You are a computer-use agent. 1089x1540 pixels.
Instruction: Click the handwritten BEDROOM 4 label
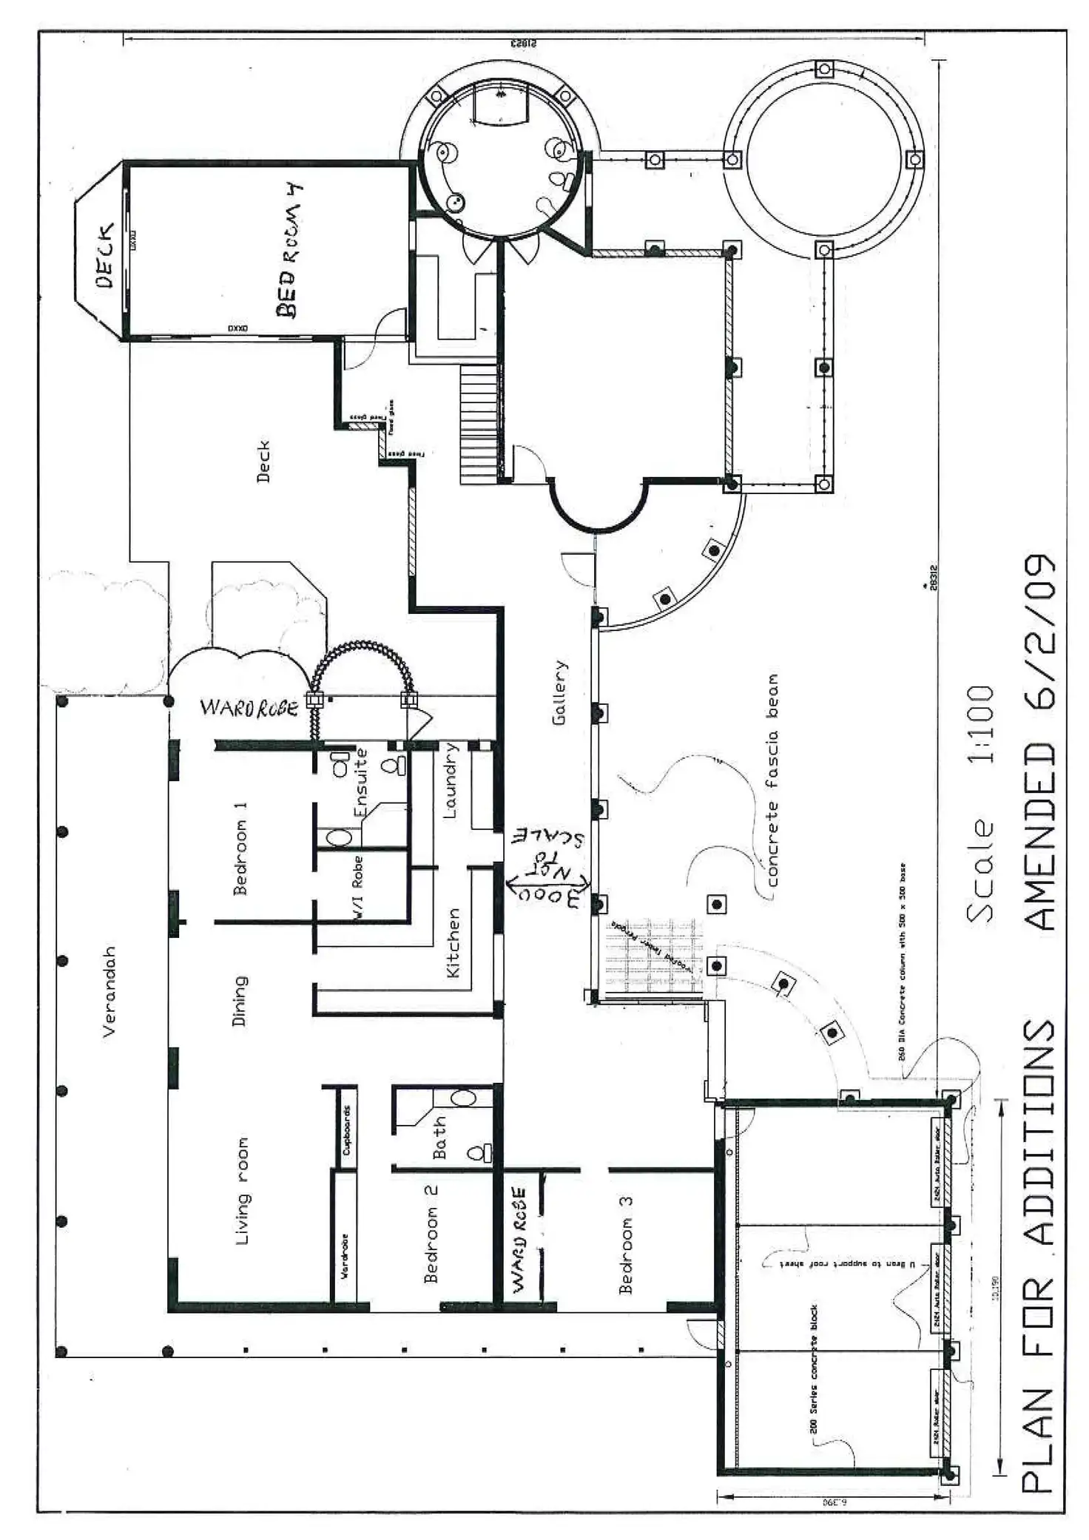[290, 251]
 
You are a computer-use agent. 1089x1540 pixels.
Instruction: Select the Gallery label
[559, 692]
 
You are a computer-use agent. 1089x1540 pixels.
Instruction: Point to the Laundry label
[451, 780]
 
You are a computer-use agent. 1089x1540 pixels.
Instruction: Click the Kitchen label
[453, 942]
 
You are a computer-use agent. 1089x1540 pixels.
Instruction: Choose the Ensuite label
[361, 783]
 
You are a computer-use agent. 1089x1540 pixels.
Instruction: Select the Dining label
[240, 1001]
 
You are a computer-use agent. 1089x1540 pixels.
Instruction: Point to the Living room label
[242, 1191]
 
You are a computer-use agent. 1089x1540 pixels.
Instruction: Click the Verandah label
[109, 991]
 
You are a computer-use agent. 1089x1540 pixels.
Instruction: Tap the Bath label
[439, 1137]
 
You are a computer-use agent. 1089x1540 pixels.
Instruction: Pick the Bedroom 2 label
[431, 1235]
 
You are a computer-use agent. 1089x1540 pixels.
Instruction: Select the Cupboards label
[346, 1130]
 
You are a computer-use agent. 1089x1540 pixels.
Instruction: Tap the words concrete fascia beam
[772, 780]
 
